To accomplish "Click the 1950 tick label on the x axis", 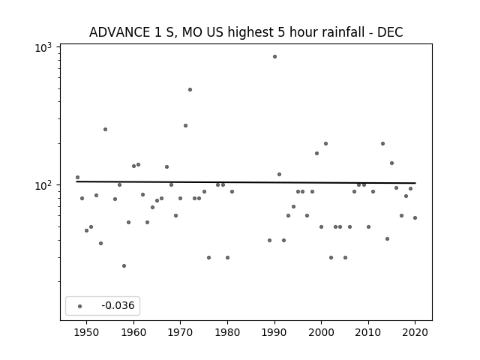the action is (x=87, y=332).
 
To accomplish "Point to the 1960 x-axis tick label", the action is (x=133, y=332).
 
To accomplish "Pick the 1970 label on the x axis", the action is (x=180, y=332).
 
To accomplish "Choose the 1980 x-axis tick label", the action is (x=227, y=332).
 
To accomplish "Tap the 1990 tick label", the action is (x=274, y=332).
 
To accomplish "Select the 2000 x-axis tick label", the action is (x=321, y=332).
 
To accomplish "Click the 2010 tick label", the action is (x=368, y=332).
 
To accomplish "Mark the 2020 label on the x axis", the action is (x=415, y=332).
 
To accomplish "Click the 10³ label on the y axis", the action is (x=43, y=47).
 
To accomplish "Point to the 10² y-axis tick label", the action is (x=43, y=185).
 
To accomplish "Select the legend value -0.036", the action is (x=118, y=305).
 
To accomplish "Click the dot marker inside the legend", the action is (x=79, y=306).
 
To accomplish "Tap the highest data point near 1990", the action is (x=274, y=57).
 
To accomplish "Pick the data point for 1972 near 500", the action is (x=190, y=90).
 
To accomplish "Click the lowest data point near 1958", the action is (x=124, y=265).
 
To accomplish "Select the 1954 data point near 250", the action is (x=105, y=130).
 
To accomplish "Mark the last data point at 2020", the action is (x=415, y=218).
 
